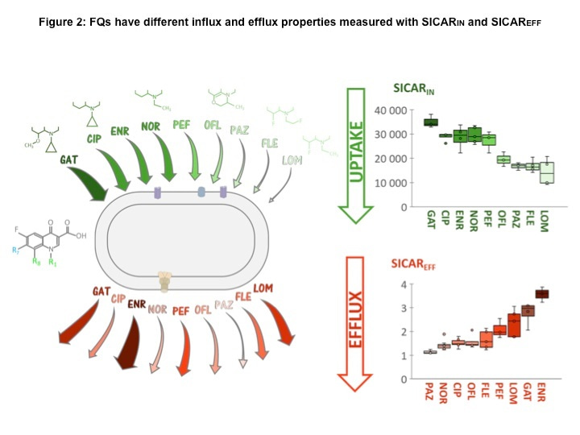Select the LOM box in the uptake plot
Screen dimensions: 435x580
(547, 172)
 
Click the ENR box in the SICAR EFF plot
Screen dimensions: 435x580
(543, 294)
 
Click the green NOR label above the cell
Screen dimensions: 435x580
(151, 126)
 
